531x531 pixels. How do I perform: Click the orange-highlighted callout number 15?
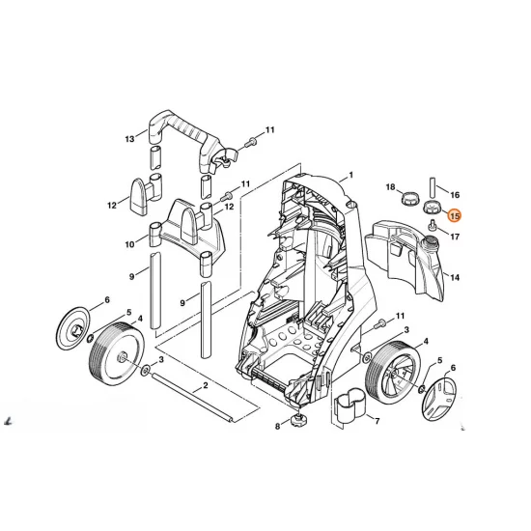pyautogui.click(x=454, y=215)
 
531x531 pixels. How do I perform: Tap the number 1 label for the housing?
pyautogui.click(x=350, y=175)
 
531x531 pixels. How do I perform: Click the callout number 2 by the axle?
pyautogui.click(x=206, y=385)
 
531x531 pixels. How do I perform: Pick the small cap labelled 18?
pyautogui.click(x=408, y=197)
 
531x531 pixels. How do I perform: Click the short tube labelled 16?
pyautogui.click(x=433, y=187)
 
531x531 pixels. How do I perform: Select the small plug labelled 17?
pyautogui.click(x=433, y=225)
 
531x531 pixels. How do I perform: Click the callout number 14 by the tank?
pyautogui.click(x=455, y=277)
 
